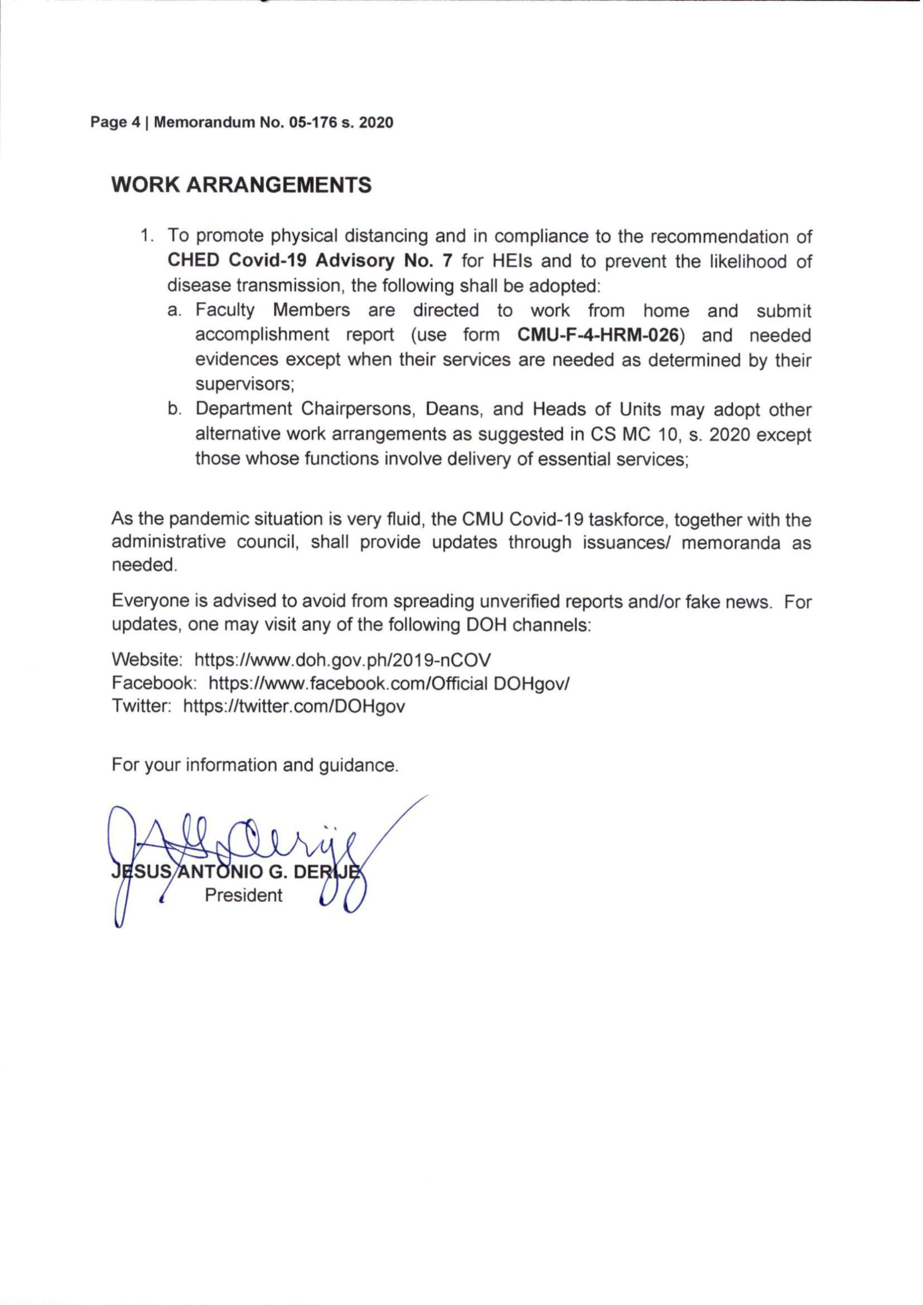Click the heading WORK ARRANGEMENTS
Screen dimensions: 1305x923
(x=242, y=185)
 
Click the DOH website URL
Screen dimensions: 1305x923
(x=343, y=661)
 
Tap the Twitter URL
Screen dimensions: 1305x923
(x=294, y=707)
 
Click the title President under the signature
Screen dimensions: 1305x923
(x=243, y=896)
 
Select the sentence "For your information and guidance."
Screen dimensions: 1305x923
(x=255, y=766)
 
